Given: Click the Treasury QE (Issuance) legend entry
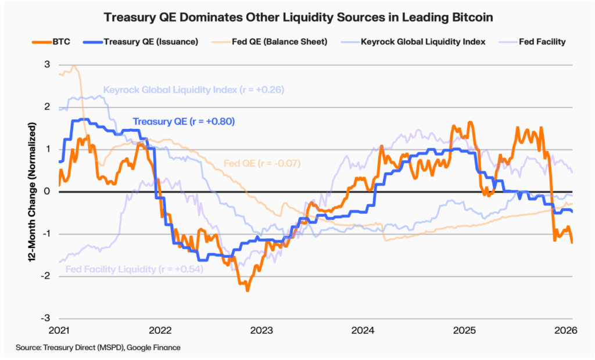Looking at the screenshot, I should pos(148,42).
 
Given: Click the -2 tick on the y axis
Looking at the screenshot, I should pos(46,276).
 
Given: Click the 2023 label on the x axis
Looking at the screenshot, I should pos(261,330).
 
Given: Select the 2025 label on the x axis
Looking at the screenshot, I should pos(465,330).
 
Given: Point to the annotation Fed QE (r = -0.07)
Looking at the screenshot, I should pos(262,163).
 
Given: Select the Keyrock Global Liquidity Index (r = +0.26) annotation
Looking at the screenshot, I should pos(193,90).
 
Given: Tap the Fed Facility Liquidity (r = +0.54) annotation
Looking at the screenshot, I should pos(134,269).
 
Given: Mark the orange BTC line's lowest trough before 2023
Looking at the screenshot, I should pos(248,290).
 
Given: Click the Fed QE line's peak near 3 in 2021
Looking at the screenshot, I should pos(74,67).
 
